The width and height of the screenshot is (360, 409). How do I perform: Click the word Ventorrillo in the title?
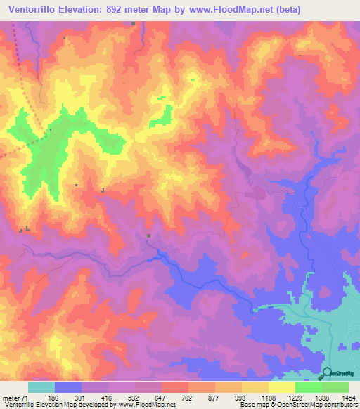pyautogui.click(x=32, y=10)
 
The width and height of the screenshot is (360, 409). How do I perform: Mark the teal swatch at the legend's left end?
pyautogui.click(x=41, y=387)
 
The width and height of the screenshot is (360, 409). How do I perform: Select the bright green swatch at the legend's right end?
pyautogui.click(x=335, y=387)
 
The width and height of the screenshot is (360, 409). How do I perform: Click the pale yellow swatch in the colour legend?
pyautogui.click(x=281, y=387)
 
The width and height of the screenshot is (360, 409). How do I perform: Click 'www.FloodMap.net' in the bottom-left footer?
pyautogui.click(x=146, y=405)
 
